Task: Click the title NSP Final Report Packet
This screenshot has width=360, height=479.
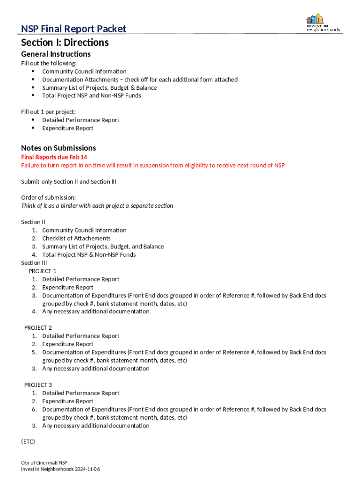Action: click(x=73, y=29)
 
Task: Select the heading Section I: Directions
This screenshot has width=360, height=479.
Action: click(x=65, y=43)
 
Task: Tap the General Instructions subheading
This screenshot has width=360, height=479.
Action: click(x=56, y=54)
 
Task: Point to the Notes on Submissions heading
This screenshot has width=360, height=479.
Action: click(x=58, y=148)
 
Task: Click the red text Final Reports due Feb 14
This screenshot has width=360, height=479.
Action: click(x=54, y=157)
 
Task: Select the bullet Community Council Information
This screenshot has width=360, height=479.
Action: click(x=84, y=72)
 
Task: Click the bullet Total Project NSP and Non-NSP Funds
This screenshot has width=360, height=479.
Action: click(x=91, y=96)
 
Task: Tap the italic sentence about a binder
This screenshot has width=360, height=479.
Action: click(x=97, y=206)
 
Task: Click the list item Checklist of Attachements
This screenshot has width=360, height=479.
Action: click(x=76, y=239)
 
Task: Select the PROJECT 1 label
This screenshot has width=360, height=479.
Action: click(x=43, y=271)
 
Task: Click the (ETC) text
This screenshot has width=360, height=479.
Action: click(x=28, y=442)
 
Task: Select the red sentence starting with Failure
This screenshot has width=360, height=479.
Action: click(x=152, y=166)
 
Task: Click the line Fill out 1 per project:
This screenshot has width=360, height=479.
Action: click(x=48, y=112)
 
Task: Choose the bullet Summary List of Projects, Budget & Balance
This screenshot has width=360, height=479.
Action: click(x=99, y=88)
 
